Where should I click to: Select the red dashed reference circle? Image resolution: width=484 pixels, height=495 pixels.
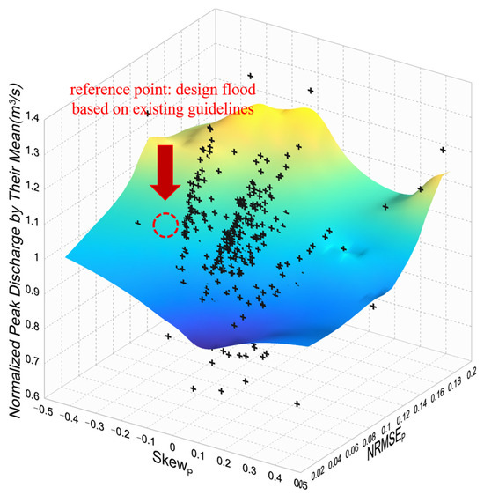click(x=165, y=225)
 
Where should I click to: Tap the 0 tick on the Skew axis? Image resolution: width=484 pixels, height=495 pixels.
click(x=173, y=449)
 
